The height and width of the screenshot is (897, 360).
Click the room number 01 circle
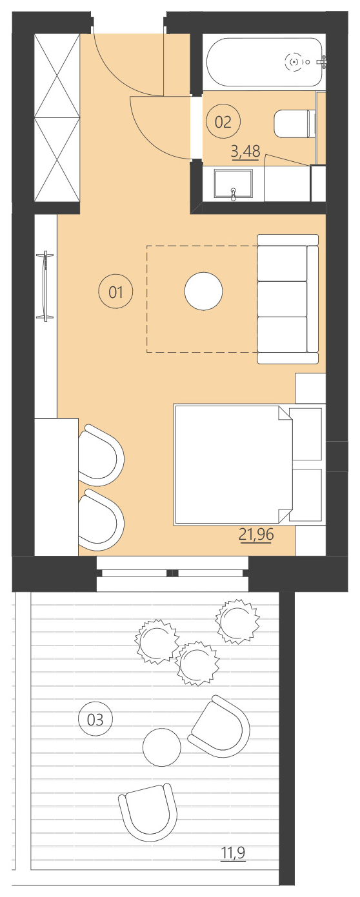click(115, 293)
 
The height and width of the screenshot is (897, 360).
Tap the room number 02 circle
click(223, 121)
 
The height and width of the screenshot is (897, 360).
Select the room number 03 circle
click(95, 719)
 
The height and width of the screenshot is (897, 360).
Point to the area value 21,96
click(256, 535)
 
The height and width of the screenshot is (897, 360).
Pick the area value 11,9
click(234, 854)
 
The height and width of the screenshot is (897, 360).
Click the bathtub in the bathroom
click(264, 62)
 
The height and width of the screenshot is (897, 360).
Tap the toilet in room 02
click(294, 124)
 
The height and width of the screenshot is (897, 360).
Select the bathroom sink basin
click(233, 184)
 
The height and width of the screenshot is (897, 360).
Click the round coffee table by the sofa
click(204, 292)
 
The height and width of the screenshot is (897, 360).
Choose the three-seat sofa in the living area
click(288, 299)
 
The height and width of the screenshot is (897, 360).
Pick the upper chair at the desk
click(101, 455)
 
